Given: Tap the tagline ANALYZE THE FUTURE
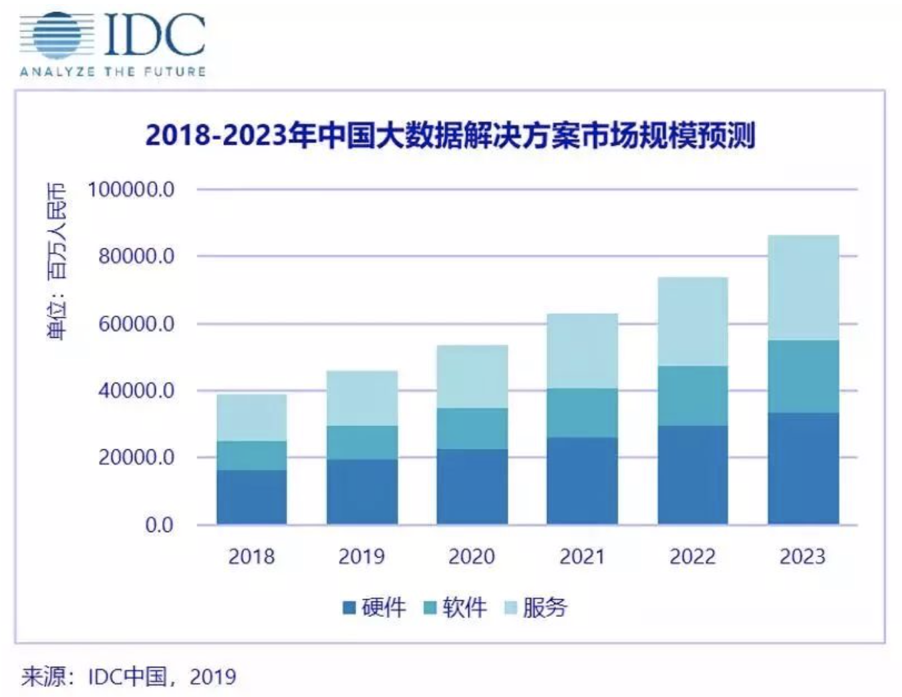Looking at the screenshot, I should [x=112, y=71].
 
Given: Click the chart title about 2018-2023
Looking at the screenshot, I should [x=450, y=136].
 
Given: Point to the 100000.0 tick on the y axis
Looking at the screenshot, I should [x=131, y=190].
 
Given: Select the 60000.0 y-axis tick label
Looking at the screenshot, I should [x=136, y=324].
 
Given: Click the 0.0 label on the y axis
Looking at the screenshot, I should [x=160, y=525].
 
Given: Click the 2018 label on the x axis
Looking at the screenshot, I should [x=251, y=556].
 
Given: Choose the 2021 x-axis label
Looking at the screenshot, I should [x=582, y=556].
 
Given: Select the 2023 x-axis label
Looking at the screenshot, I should [x=802, y=556].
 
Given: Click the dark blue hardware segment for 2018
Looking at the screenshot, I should [x=252, y=497].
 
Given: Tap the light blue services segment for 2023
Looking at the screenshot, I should [x=803, y=287].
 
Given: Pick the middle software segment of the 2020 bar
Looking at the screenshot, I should [x=472, y=429].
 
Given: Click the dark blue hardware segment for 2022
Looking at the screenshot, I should [x=693, y=475].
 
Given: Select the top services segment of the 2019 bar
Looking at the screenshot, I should [x=362, y=398].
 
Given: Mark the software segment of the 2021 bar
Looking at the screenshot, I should [x=582, y=413].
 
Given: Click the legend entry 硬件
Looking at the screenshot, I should [x=374, y=608].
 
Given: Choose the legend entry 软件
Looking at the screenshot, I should [x=455, y=608].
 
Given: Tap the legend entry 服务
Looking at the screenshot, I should [x=535, y=608].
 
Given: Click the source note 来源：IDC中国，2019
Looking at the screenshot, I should [x=129, y=676].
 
